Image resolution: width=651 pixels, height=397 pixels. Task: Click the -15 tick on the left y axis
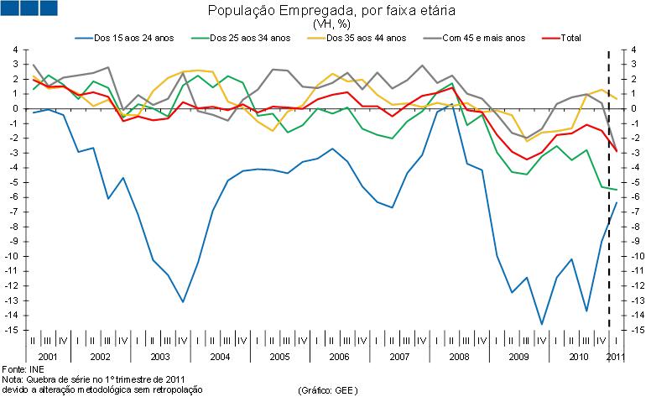click(x=11, y=331)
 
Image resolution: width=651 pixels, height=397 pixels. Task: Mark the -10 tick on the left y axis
click(x=11, y=256)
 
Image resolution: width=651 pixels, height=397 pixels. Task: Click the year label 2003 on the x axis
click(x=159, y=357)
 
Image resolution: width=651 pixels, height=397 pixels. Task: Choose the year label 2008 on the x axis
click(x=460, y=357)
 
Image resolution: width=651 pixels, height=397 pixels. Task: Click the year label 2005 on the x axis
click(x=279, y=357)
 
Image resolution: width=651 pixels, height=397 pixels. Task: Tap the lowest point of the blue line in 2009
click(x=542, y=324)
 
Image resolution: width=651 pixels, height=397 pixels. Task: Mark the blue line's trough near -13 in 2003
click(x=183, y=301)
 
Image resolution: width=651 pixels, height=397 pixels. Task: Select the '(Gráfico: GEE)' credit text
click(x=326, y=390)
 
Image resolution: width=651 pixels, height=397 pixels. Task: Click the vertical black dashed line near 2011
click(x=609, y=210)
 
